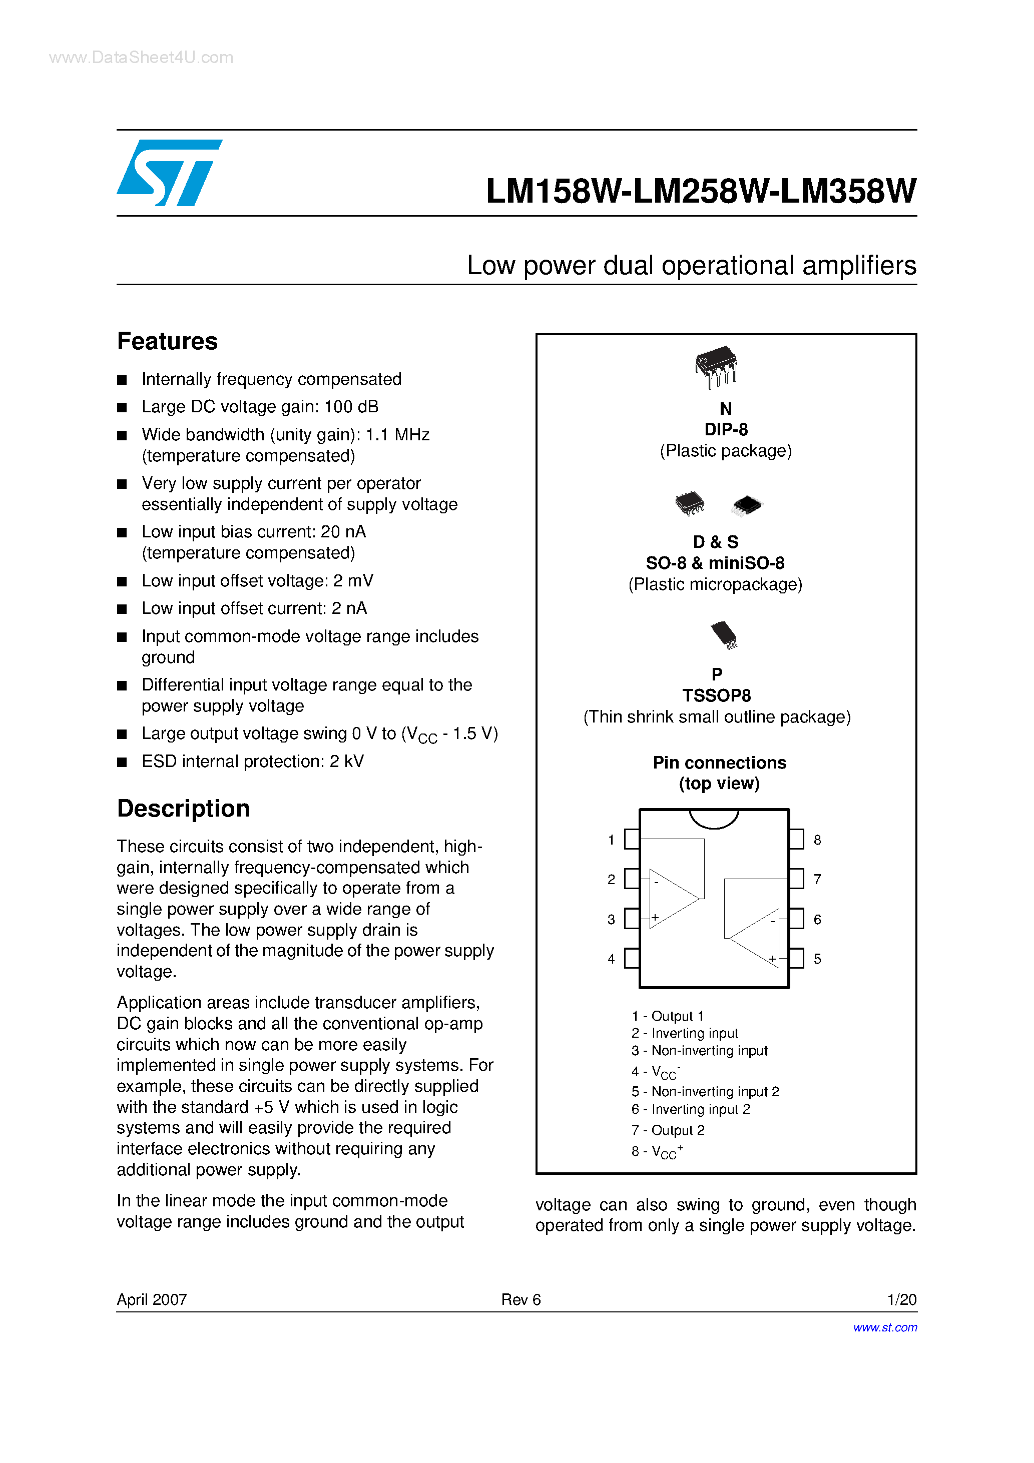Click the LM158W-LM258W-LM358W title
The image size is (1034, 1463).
pyautogui.click(x=701, y=191)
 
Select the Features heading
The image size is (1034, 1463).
pyautogui.click(x=167, y=342)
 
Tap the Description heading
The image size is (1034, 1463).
pyautogui.click(x=183, y=809)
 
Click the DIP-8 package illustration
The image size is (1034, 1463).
pyautogui.click(x=717, y=367)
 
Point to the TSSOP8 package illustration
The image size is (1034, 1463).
pyautogui.click(x=724, y=634)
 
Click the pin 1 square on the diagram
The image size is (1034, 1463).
pyautogui.click(x=632, y=839)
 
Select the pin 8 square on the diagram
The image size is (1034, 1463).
pyautogui.click(x=796, y=839)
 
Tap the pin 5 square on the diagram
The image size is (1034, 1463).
pyautogui.click(x=796, y=958)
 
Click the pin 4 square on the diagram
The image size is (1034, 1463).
pyautogui.click(x=632, y=958)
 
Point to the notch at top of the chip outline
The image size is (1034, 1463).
pyautogui.click(x=714, y=818)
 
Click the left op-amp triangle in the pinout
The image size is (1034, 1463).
pyautogui.click(x=672, y=899)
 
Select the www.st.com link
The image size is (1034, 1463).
pyautogui.click(x=885, y=1327)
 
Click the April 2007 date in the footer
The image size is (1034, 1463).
pyautogui.click(x=152, y=1300)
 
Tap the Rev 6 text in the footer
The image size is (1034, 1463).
pyautogui.click(x=521, y=1300)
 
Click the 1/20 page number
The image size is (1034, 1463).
pyautogui.click(x=901, y=1300)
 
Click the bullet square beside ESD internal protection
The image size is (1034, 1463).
pyautogui.click(x=122, y=762)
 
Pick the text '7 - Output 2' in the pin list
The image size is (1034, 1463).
pyautogui.click(x=668, y=1130)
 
